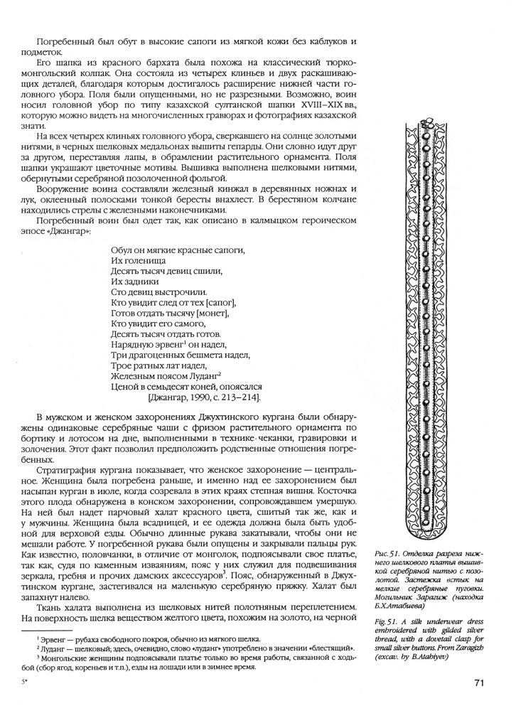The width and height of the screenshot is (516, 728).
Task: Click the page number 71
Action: pos(478,683)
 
